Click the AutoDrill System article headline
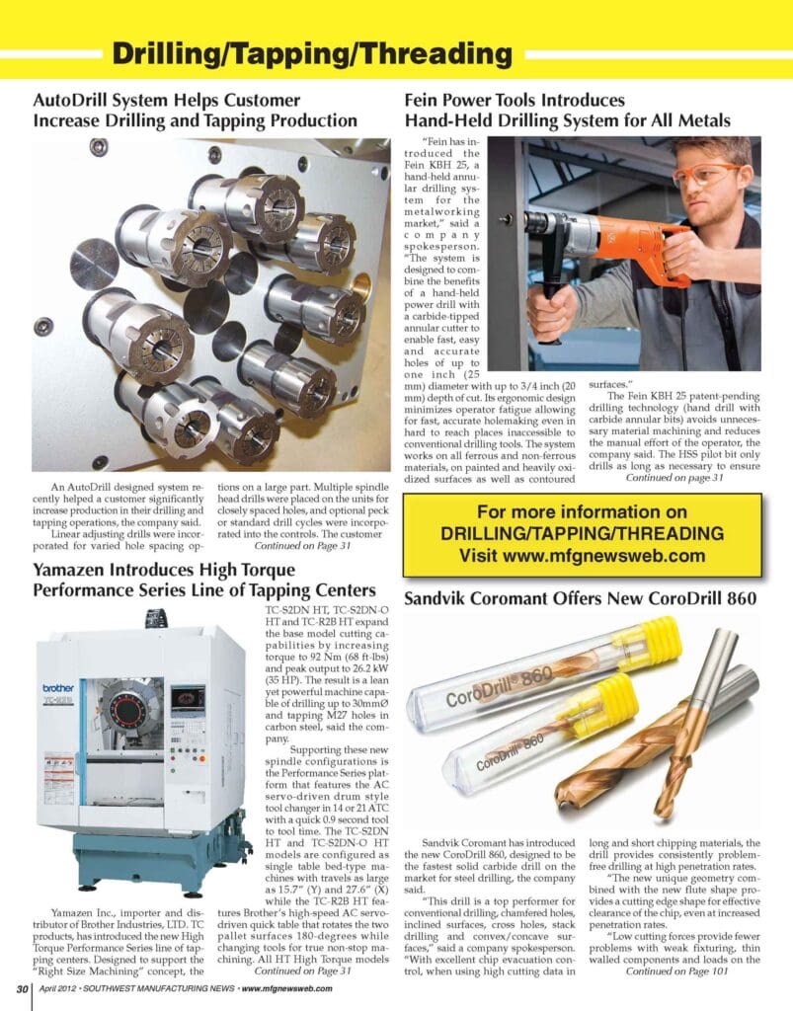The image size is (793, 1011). pos(195,111)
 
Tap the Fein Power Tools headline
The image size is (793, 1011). pos(568,111)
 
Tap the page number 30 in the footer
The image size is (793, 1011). pos(21,990)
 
